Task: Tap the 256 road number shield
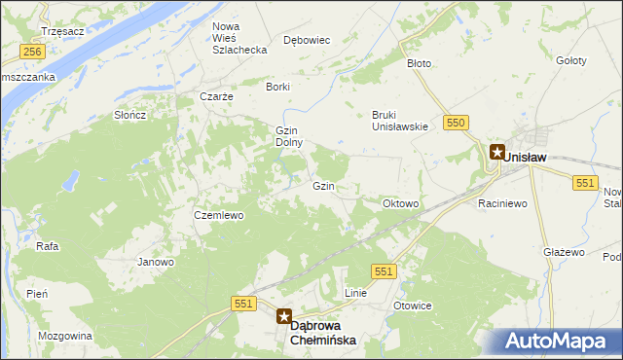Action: [x=32, y=52]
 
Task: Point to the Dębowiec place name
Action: [x=308, y=40]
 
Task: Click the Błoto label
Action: [x=419, y=63]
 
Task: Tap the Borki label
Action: [x=278, y=87]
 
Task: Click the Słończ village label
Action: [x=129, y=115]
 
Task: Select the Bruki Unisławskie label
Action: [x=400, y=120]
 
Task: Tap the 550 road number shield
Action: [x=457, y=122]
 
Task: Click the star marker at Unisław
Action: [x=496, y=152]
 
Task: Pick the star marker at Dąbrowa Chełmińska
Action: [x=284, y=315]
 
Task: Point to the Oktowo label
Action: [x=401, y=204]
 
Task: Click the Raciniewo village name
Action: [x=502, y=204]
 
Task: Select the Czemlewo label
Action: [x=218, y=215]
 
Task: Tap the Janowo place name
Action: [x=156, y=262]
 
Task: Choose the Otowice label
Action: [x=412, y=306]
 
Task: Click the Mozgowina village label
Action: [x=64, y=336]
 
